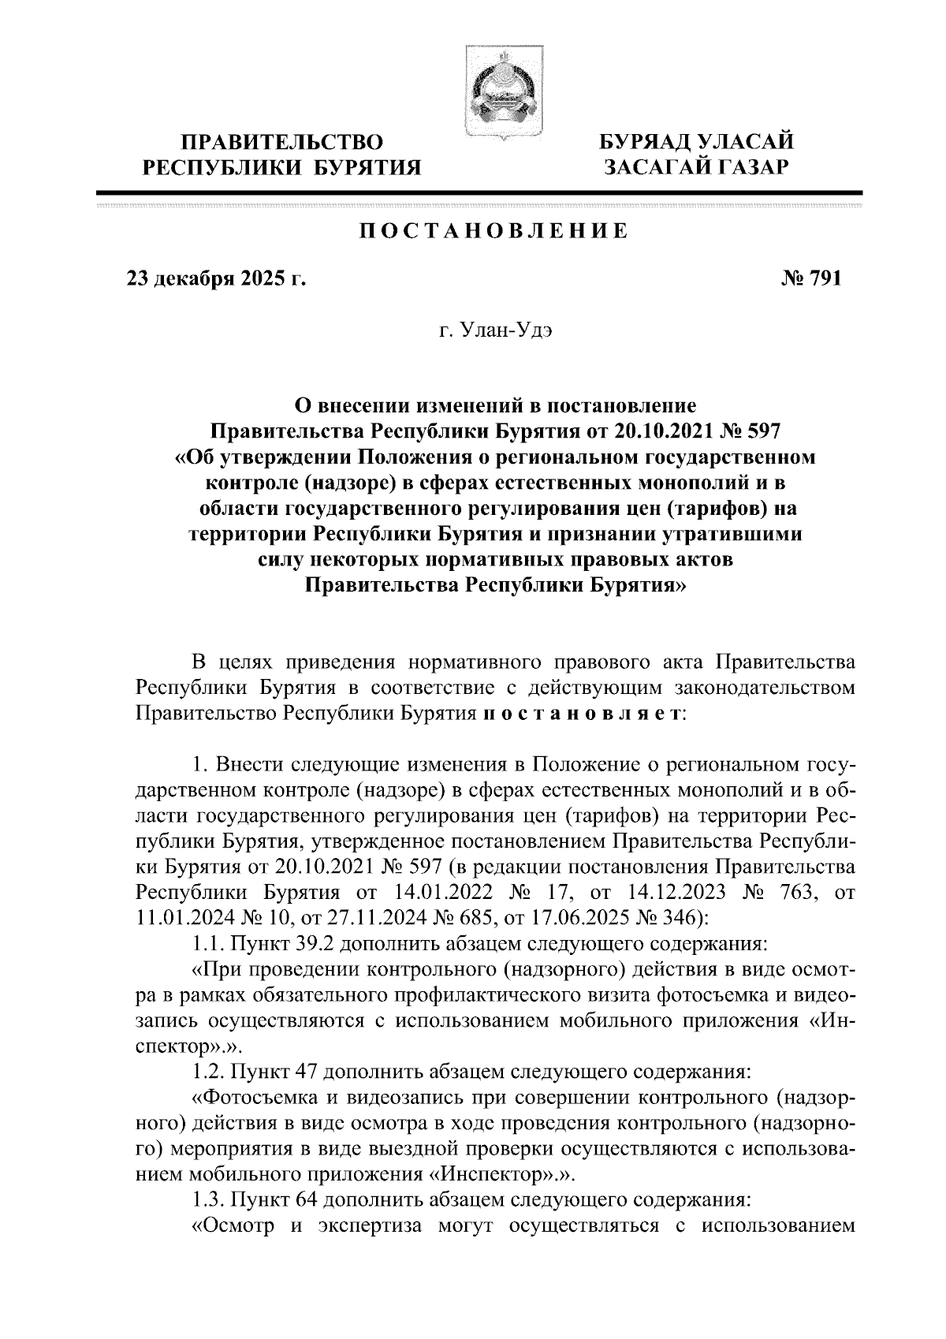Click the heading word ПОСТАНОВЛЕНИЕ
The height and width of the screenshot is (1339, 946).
[494, 231]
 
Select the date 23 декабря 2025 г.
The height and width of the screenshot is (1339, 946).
[216, 279]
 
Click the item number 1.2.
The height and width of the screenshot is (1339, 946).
[209, 1071]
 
